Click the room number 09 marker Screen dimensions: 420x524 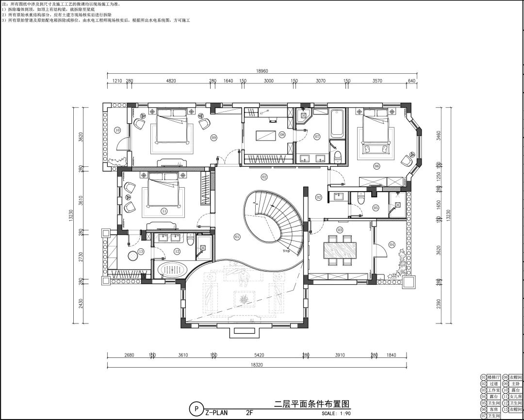[x=213, y=138]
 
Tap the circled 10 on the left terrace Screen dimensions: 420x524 [x=117, y=130]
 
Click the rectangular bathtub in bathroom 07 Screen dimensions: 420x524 [x=336, y=124]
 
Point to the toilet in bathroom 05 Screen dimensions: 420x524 [x=360, y=198]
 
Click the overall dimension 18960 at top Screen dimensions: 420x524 [x=262, y=71]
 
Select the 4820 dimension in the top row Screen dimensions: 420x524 [x=171, y=81]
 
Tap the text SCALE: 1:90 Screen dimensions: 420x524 [x=335, y=414]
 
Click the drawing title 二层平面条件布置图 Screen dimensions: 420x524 [x=311, y=404]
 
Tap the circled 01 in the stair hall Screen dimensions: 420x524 [x=237, y=237]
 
